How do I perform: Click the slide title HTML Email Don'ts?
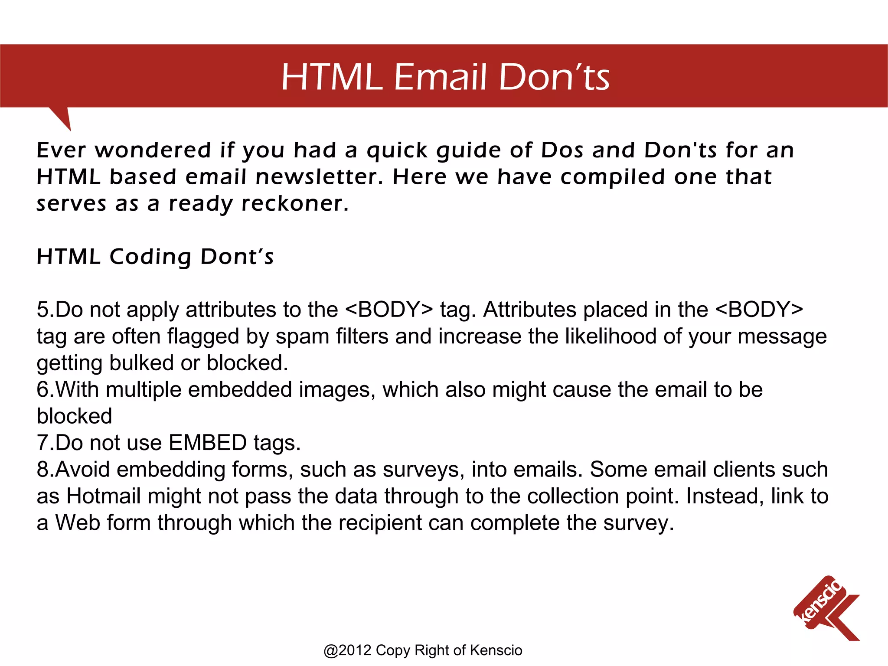tap(445, 77)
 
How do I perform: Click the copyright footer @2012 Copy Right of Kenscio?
tap(423, 650)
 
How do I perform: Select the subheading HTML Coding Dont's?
tap(155, 257)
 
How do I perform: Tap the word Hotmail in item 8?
tap(103, 496)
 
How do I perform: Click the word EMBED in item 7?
tap(208, 443)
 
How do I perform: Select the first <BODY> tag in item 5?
tap(389, 310)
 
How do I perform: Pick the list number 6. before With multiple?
tap(45, 389)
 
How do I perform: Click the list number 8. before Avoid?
tap(45, 470)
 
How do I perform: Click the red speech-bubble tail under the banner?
tap(63, 117)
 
